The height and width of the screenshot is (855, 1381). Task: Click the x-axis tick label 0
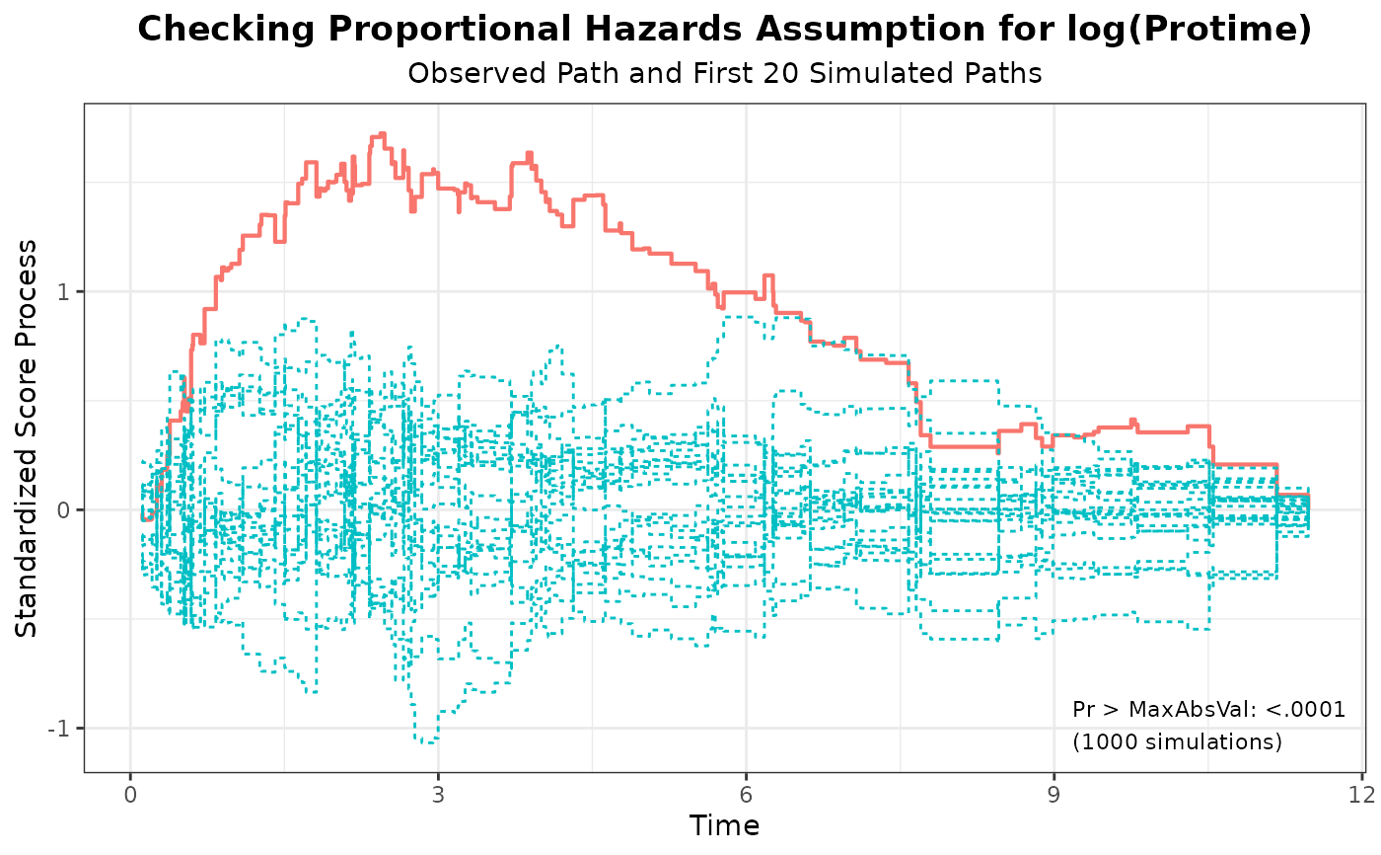[x=130, y=796]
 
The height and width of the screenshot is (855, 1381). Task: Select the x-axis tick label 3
[x=438, y=796]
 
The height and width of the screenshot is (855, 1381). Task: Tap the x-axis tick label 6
[x=746, y=796]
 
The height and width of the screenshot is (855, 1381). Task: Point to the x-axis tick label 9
[x=1054, y=796]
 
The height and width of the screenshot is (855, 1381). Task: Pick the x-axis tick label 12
[x=1361, y=796]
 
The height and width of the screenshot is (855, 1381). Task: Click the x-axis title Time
[x=724, y=825]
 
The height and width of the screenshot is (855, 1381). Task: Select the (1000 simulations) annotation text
[x=1177, y=741]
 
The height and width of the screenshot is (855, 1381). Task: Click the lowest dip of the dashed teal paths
[x=426, y=741]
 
